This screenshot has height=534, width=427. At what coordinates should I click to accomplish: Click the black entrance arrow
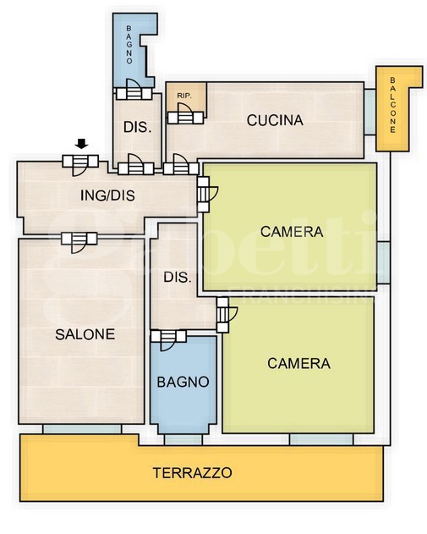81,144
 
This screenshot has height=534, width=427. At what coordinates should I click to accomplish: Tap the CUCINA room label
275,120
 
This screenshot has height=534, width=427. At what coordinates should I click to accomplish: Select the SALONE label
85,334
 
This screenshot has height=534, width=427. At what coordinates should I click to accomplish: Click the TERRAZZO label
192,473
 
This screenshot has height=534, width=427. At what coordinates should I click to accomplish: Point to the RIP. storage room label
184,96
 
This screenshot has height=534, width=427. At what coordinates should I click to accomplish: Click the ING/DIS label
107,195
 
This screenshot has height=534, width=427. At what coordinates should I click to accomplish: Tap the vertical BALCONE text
392,105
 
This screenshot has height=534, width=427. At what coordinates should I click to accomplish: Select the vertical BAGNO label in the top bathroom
129,45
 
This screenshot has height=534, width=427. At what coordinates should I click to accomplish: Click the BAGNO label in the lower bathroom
183,383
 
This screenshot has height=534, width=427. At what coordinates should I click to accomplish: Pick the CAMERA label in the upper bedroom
292,232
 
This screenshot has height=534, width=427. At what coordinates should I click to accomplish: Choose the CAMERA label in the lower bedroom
298,364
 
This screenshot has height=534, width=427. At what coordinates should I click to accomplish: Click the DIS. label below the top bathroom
138,128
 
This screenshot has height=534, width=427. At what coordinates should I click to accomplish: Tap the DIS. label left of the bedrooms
178,278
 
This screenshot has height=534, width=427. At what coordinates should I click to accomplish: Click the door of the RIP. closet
186,113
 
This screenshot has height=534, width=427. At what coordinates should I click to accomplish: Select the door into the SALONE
79,242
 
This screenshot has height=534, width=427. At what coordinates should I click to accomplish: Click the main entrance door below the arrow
80,165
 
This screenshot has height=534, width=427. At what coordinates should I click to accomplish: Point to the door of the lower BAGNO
168,340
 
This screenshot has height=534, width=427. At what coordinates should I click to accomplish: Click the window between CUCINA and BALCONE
370,112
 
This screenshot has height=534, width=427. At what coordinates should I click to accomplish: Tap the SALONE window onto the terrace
82,429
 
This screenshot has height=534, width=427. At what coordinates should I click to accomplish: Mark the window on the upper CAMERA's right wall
383,262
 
